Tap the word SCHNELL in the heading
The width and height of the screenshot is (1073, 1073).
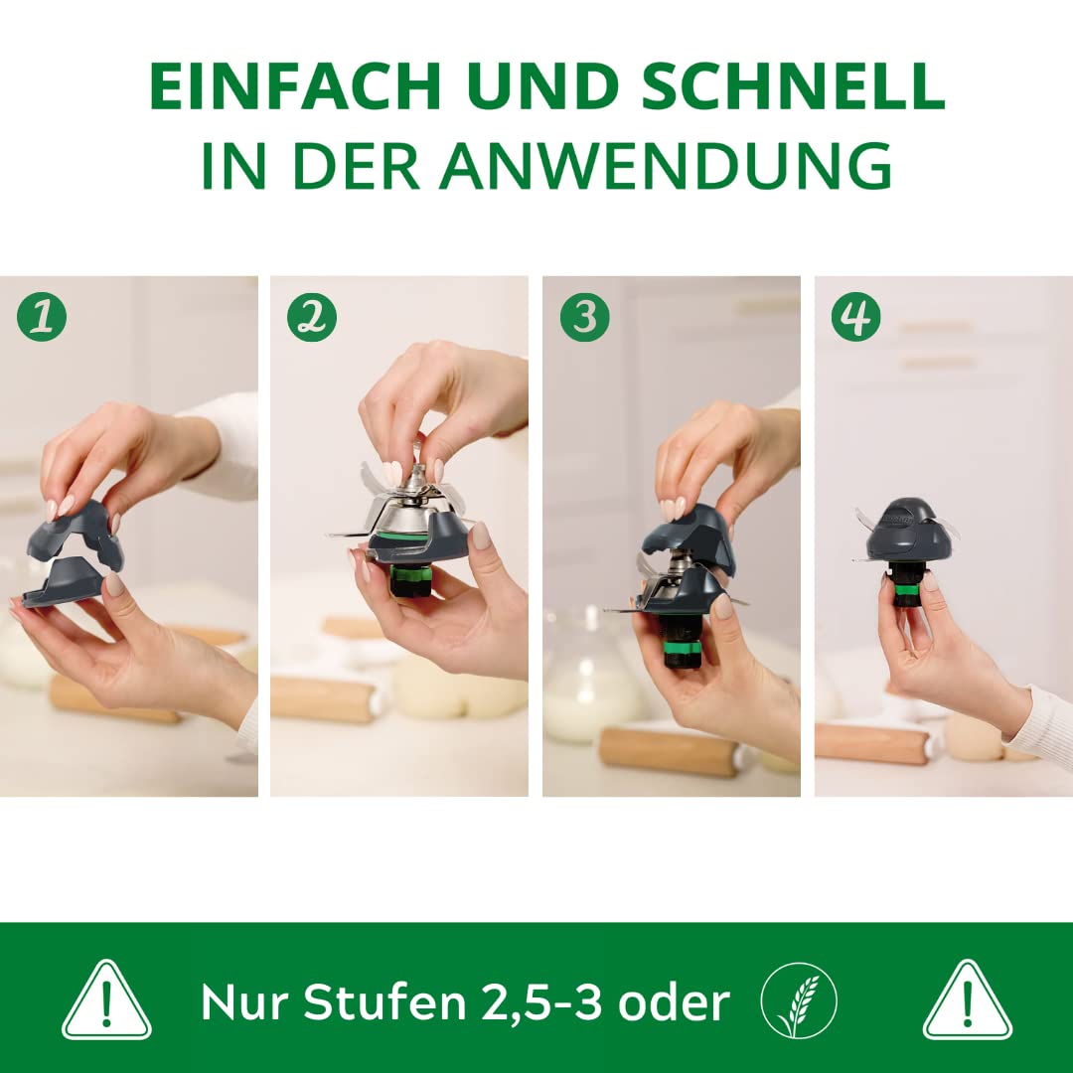[x=793, y=86]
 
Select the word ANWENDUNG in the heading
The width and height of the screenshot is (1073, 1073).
[x=666, y=166]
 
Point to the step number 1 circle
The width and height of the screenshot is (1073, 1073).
[x=42, y=317]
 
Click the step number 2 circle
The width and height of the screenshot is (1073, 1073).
[x=312, y=317]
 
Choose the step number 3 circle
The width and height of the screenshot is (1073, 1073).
[x=584, y=317]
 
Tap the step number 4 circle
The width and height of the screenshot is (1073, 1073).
[x=855, y=317]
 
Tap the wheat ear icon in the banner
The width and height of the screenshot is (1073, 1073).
[x=799, y=1001]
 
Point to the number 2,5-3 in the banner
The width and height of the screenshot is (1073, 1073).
[x=542, y=1003]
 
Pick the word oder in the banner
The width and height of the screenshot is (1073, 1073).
[x=674, y=1002]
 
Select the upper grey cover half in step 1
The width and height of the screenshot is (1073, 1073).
[x=77, y=533]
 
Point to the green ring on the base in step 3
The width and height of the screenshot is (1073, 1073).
[x=683, y=647]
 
